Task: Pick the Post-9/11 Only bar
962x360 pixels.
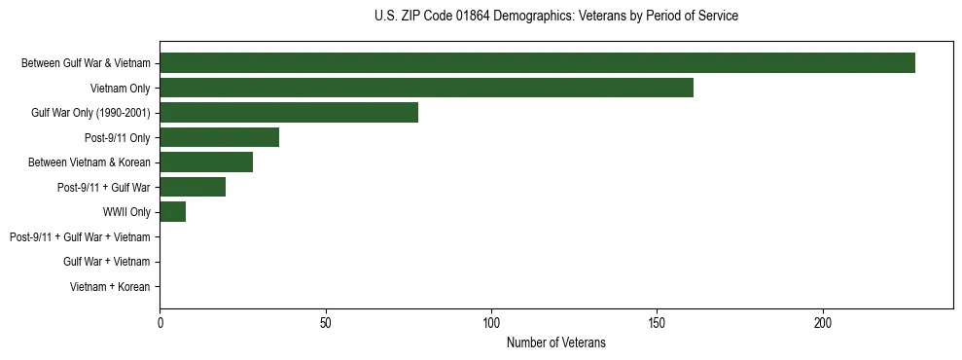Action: pyautogui.click(x=219, y=137)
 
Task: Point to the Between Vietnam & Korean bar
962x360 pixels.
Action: pyautogui.click(x=206, y=162)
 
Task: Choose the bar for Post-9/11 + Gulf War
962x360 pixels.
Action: pyautogui.click(x=193, y=187)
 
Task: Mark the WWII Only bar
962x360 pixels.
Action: pyautogui.click(x=172, y=212)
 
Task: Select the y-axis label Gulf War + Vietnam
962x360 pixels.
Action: pyautogui.click(x=106, y=262)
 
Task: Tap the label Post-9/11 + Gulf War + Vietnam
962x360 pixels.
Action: pyautogui.click(x=80, y=237)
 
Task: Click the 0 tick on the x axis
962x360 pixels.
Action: pyautogui.click(x=160, y=321)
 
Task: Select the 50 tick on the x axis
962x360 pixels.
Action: pyautogui.click(x=326, y=321)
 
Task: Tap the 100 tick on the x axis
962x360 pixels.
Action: pyautogui.click(x=491, y=321)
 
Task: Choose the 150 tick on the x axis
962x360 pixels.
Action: pyautogui.click(x=658, y=321)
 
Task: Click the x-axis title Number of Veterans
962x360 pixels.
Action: pyautogui.click(x=555, y=342)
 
